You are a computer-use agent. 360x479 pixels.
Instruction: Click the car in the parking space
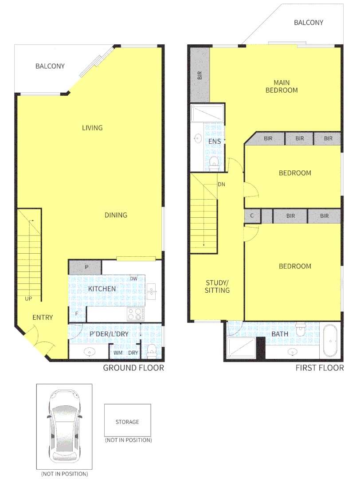pyautogui.click(x=65, y=426)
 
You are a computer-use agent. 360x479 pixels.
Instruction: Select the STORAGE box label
pyautogui.click(x=127, y=422)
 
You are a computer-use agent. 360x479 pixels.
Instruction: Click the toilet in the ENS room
pyautogui.click(x=214, y=162)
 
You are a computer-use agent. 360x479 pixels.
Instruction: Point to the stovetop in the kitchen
pyautogui.click(x=136, y=314)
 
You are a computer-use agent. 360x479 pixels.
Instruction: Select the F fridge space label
pyautogui.click(x=77, y=314)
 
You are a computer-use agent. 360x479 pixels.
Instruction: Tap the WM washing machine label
pyautogui.click(x=118, y=353)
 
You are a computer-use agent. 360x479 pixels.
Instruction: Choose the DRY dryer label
pyautogui.click(x=133, y=353)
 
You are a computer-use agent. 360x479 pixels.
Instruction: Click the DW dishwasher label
pyautogui.click(x=133, y=279)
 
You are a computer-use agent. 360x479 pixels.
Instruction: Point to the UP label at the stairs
pyautogui.click(x=28, y=298)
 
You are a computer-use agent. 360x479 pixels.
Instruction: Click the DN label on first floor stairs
pyautogui.click(x=221, y=184)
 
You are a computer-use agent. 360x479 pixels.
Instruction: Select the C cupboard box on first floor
pyautogui.click(x=252, y=216)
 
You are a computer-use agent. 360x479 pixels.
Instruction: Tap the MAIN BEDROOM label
pyautogui.click(x=281, y=86)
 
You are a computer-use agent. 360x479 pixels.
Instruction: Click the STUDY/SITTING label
pyautogui.click(x=217, y=287)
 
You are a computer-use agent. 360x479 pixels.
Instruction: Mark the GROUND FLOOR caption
pyautogui.click(x=133, y=368)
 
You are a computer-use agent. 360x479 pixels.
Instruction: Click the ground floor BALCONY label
pyautogui.click(x=50, y=66)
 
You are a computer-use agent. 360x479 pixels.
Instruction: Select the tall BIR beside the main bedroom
pyautogui.click(x=200, y=74)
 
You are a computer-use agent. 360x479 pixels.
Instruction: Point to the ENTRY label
pyautogui.click(x=43, y=317)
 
